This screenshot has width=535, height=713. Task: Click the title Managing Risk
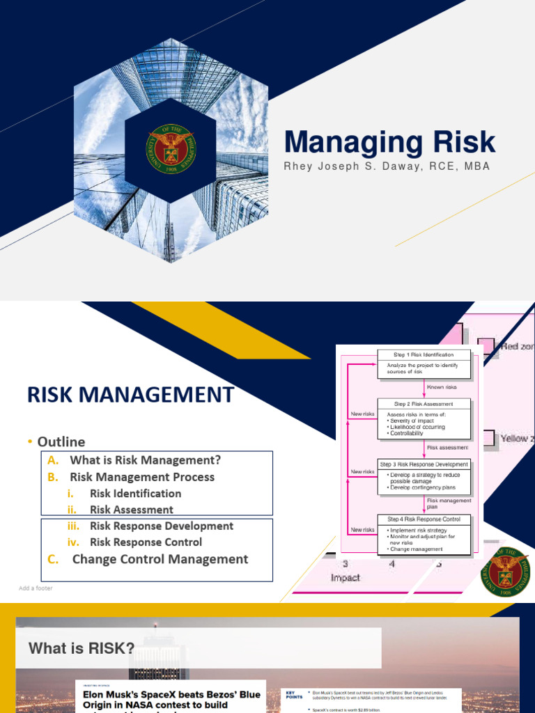(x=389, y=142)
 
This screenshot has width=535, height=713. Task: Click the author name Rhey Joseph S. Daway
(x=387, y=166)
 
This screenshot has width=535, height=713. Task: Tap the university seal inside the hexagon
(x=170, y=149)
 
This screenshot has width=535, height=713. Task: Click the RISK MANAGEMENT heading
(x=131, y=395)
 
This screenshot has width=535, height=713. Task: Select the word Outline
(x=61, y=441)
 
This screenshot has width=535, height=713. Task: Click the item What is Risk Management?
(x=145, y=460)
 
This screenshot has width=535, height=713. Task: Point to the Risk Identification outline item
(x=135, y=493)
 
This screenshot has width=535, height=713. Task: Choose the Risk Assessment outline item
(x=131, y=510)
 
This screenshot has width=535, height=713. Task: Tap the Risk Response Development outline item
(x=161, y=526)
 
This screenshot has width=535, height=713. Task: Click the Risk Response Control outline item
(x=146, y=542)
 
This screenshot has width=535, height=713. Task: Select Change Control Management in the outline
(x=160, y=559)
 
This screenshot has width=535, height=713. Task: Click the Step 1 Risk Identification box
(x=424, y=355)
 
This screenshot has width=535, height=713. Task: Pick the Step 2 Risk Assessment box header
(x=424, y=404)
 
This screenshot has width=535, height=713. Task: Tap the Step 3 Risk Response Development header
(x=424, y=464)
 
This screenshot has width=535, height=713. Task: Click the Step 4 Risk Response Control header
(x=424, y=519)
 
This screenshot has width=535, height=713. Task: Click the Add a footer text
(x=36, y=588)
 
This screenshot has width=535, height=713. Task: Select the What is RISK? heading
(x=82, y=648)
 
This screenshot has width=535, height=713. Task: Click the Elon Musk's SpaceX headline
(x=171, y=700)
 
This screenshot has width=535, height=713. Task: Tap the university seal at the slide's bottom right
(x=505, y=572)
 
